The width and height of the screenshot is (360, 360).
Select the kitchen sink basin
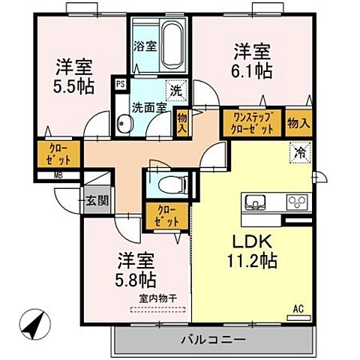253,203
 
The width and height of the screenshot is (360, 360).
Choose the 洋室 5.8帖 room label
136,271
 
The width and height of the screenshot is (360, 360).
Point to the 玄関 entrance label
96,200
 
